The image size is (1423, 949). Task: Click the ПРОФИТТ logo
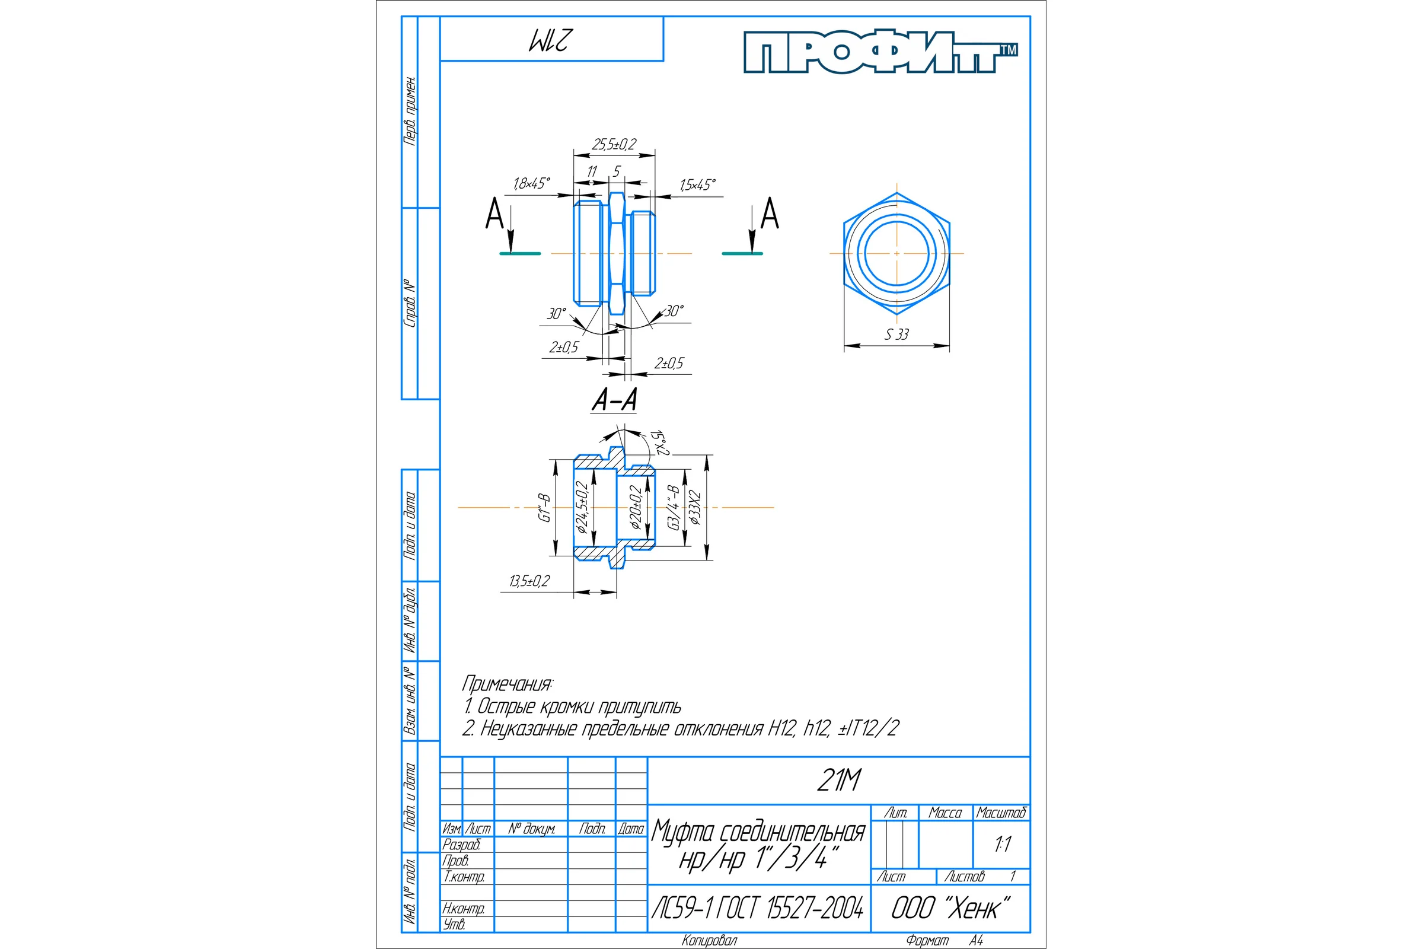(x=880, y=52)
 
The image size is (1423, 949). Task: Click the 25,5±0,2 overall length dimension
(x=614, y=144)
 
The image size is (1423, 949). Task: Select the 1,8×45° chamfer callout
(x=532, y=183)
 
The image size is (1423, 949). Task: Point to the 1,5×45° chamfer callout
(x=698, y=184)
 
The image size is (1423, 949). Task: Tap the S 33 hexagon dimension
(x=896, y=334)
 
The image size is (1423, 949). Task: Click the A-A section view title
(x=614, y=399)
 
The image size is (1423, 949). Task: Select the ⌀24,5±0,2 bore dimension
(x=582, y=507)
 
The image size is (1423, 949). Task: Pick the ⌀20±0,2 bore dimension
(x=635, y=507)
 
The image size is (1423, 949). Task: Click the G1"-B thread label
(x=545, y=507)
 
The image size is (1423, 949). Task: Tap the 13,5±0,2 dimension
(x=529, y=581)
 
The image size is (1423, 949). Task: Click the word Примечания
(x=508, y=684)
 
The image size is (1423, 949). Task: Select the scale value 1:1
(x=1003, y=844)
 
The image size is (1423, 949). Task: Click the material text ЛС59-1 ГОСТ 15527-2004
(x=758, y=908)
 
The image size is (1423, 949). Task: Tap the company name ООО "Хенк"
(x=950, y=908)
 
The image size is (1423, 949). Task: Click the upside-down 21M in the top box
(x=550, y=40)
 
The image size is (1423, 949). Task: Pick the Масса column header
(x=945, y=813)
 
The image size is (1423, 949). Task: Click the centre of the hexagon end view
(x=896, y=253)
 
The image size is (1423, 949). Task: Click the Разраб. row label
(x=461, y=844)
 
